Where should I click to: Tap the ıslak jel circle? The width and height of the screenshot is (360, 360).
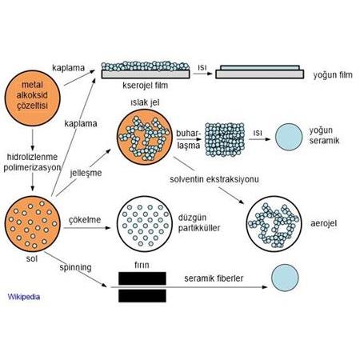(x=143, y=137)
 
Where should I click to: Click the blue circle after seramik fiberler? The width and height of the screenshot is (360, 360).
(x=286, y=278)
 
